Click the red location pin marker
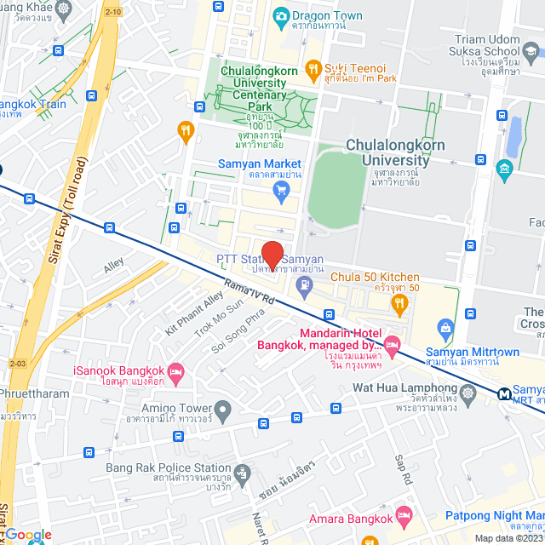[x=272, y=254]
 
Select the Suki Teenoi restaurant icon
[x=313, y=67]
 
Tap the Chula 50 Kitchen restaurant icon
[x=397, y=301]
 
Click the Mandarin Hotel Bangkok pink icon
[x=392, y=345]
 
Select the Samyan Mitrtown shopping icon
[x=444, y=327]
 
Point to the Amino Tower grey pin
[x=222, y=412]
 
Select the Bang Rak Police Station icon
[x=243, y=471]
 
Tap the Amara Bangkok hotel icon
[x=404, y=517]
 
